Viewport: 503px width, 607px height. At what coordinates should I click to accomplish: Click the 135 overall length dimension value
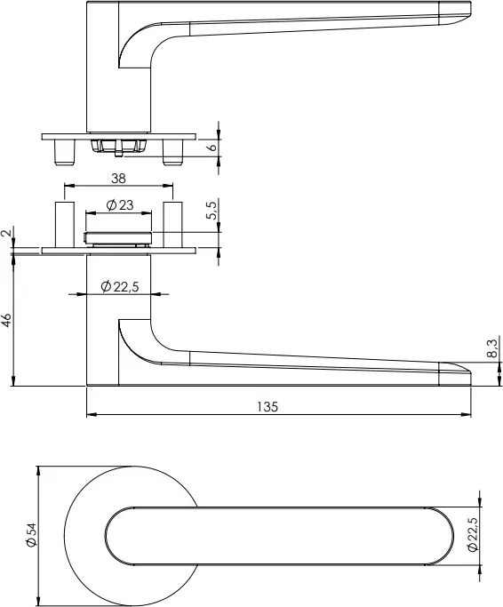(x=267, y=406)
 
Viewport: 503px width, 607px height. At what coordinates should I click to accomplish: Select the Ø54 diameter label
(x=30, y=533)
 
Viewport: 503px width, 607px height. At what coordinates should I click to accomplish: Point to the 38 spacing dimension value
(x=118, y=178)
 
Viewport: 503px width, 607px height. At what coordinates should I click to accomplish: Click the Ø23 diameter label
(x=119, y=205)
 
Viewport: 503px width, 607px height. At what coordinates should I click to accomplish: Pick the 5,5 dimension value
(x=211, y=212)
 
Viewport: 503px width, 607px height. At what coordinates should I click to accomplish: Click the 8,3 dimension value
(x=492, y=348)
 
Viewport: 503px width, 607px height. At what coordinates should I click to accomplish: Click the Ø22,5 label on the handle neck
(x=120, y=286)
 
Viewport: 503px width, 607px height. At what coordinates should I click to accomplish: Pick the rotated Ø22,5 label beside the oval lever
(x=473, y=534)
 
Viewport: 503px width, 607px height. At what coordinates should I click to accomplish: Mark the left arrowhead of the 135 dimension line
(x=90, y=415)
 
